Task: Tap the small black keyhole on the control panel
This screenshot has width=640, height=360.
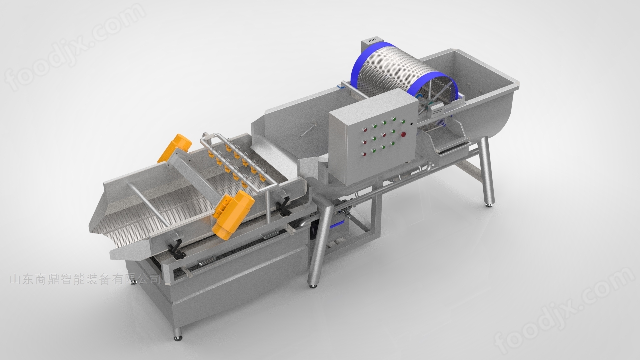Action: pyautogui.click(x=412, y=124)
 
